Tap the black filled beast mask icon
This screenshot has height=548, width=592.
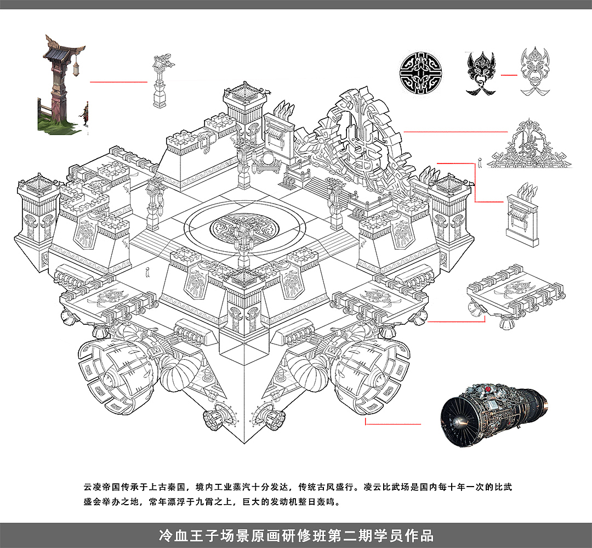click(481, 73)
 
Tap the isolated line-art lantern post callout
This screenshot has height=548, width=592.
click(163, 81)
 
